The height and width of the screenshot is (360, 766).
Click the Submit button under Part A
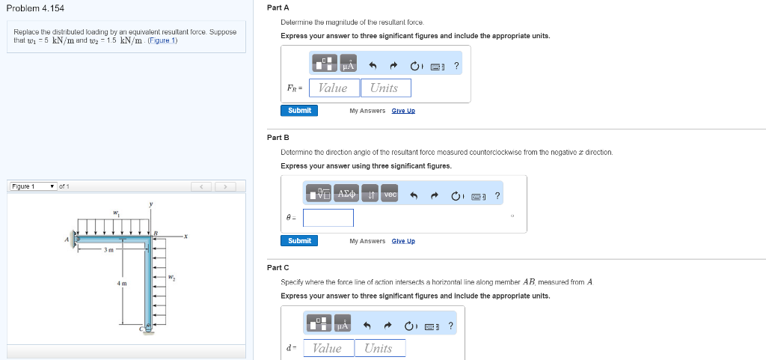click(x=299, y=111)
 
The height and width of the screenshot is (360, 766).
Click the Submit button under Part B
click(x=299, y=241)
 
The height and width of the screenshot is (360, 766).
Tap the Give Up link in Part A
click(x=403, y=111)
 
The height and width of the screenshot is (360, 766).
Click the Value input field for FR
click(x=333, y=88)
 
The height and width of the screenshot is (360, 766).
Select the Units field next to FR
click(x=384, y=88)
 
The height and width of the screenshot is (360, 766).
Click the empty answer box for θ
click(x=328, y=218)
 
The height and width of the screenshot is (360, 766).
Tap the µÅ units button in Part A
click(x=347, y=66)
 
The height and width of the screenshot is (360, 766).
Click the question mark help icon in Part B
click(x=497, y=195)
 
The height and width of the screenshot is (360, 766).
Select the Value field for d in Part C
click(x=328, y=348)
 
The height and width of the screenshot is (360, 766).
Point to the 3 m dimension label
click(x=108, y=250)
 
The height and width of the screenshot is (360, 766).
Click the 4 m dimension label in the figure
click(x=122, y=284)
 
